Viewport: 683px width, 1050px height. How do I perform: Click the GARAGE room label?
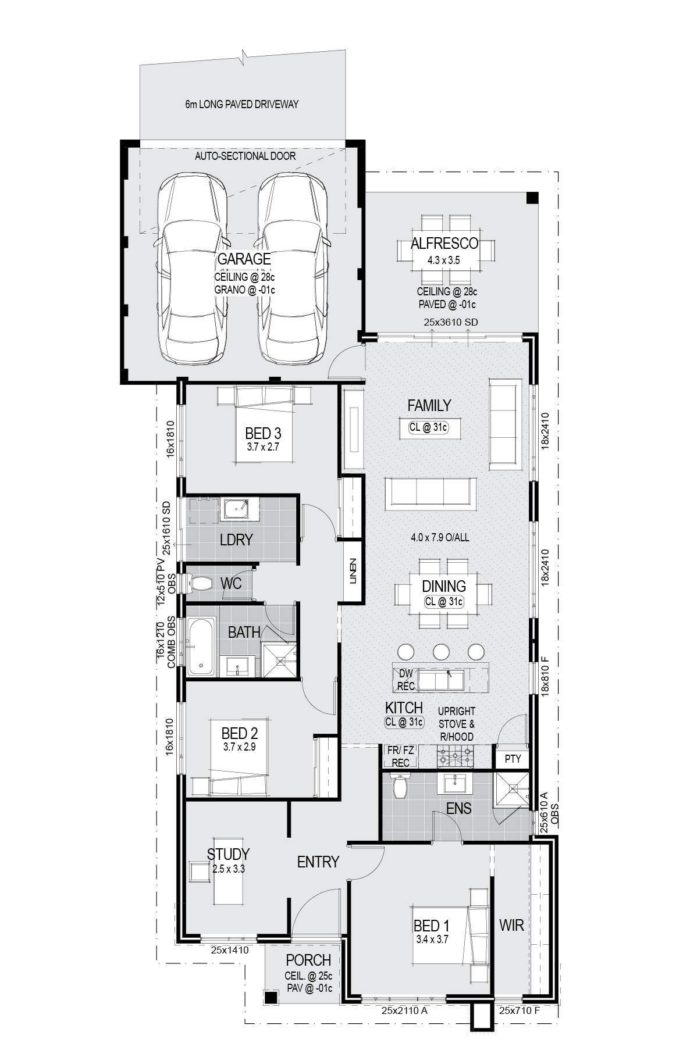[244, 259]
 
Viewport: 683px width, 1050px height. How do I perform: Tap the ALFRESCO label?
[444, 244]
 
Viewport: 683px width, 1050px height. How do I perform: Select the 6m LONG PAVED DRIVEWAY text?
[242, 105]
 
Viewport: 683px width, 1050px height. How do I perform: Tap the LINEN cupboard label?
[353, 572]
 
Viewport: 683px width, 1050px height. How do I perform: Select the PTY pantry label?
[513, 759]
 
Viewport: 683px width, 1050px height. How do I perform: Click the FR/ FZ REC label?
[401, 756]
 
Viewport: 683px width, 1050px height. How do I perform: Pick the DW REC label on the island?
[405, 680]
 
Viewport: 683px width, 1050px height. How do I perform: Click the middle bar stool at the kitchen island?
[440, 651]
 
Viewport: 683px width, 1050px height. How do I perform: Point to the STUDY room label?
[228, 854]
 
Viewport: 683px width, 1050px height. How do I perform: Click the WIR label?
[511, 924]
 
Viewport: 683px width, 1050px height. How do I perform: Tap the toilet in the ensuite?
[400, 785]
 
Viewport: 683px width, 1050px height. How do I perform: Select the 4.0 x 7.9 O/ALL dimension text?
[439, 537]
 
